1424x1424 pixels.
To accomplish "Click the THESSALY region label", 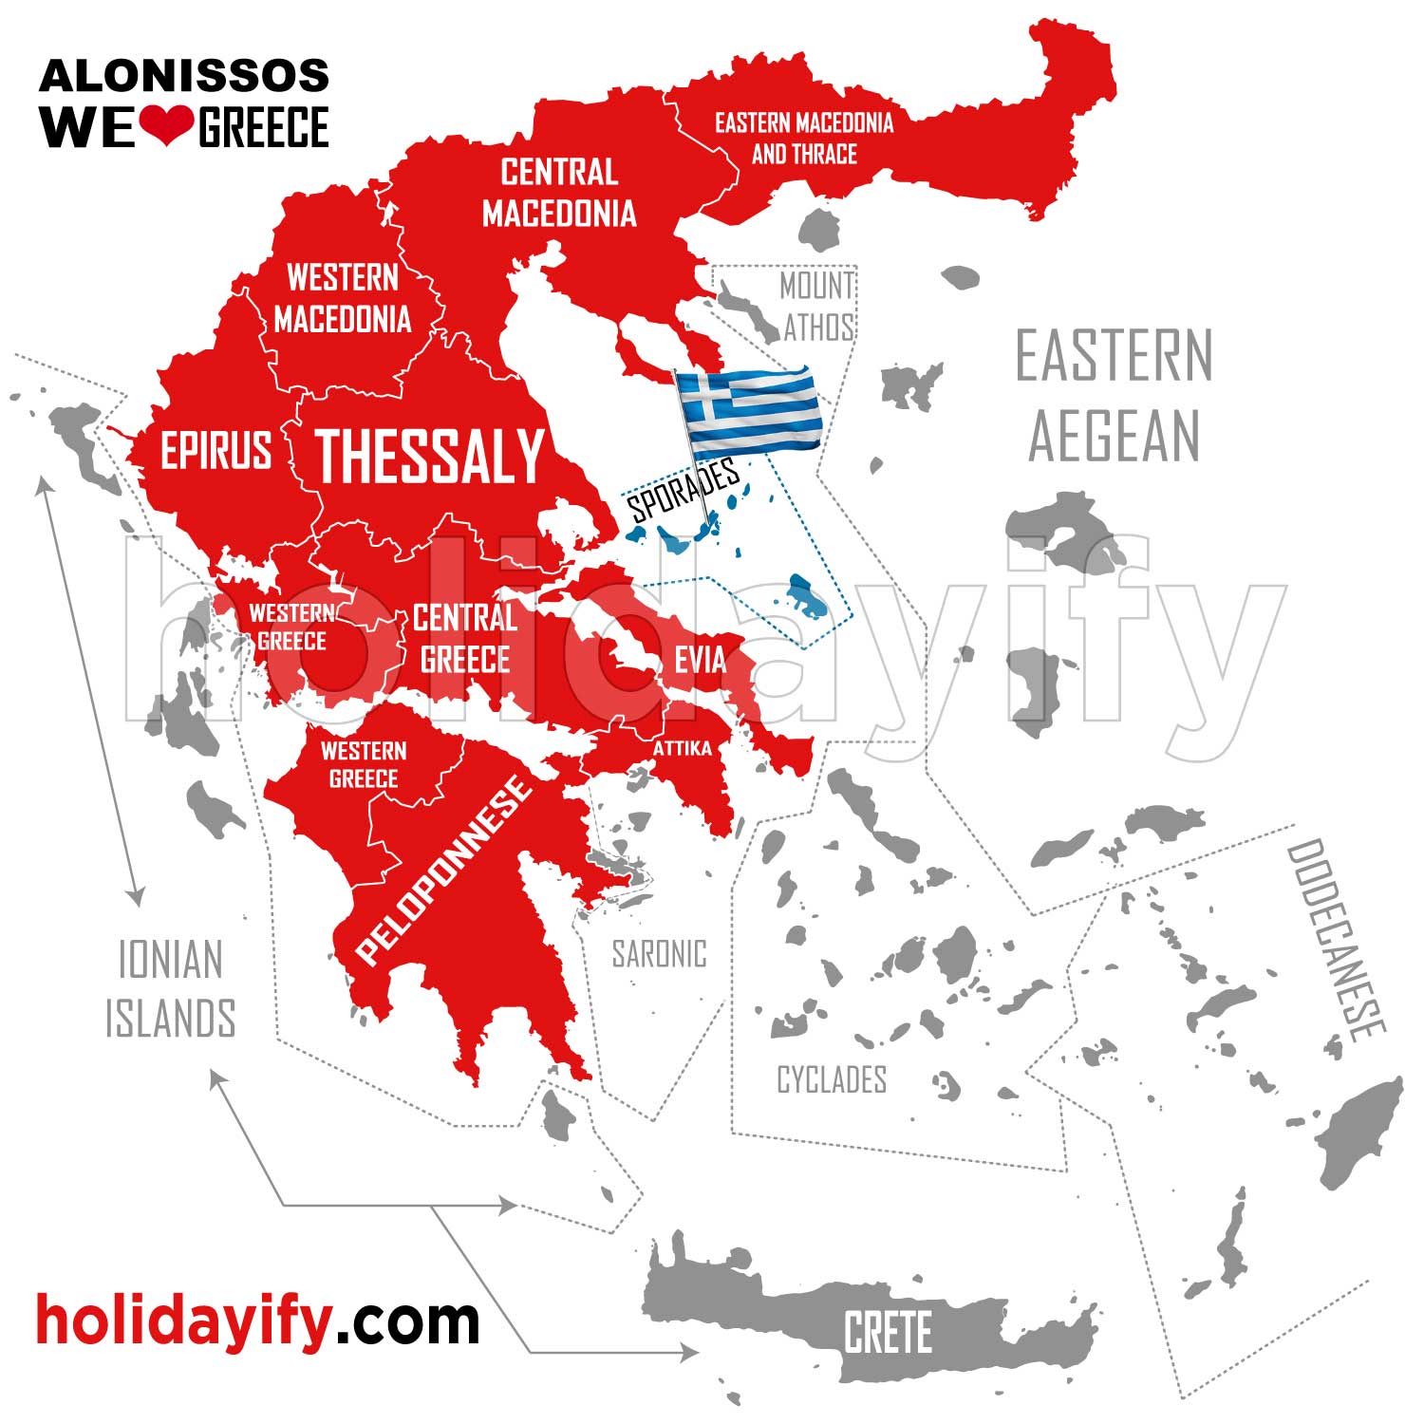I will pos(429,456).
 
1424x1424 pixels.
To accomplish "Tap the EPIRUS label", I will pos(215,450).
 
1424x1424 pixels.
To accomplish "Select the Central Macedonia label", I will pos(559,193).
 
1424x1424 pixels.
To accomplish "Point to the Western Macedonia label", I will pos(343,298).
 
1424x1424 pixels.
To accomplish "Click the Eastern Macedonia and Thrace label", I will pos(804,139).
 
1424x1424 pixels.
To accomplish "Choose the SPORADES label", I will pos(684,489).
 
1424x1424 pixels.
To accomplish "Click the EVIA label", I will pos(700,660).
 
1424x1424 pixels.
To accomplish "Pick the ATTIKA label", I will pos(682,749).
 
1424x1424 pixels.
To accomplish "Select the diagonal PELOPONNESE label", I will pos(443,869).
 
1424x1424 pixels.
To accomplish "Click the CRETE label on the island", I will pos(888,1332).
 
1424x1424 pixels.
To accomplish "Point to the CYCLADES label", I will pos(832,1080).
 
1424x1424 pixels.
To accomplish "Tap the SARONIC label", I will pos(659,954).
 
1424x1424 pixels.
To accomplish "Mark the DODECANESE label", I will pos(1336,940).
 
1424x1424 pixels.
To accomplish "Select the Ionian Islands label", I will pos(170,988).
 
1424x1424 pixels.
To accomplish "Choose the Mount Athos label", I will pos(817,307).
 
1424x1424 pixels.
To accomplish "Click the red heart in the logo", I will pos(167,124).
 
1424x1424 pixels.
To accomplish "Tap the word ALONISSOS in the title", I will pos(184,76).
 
